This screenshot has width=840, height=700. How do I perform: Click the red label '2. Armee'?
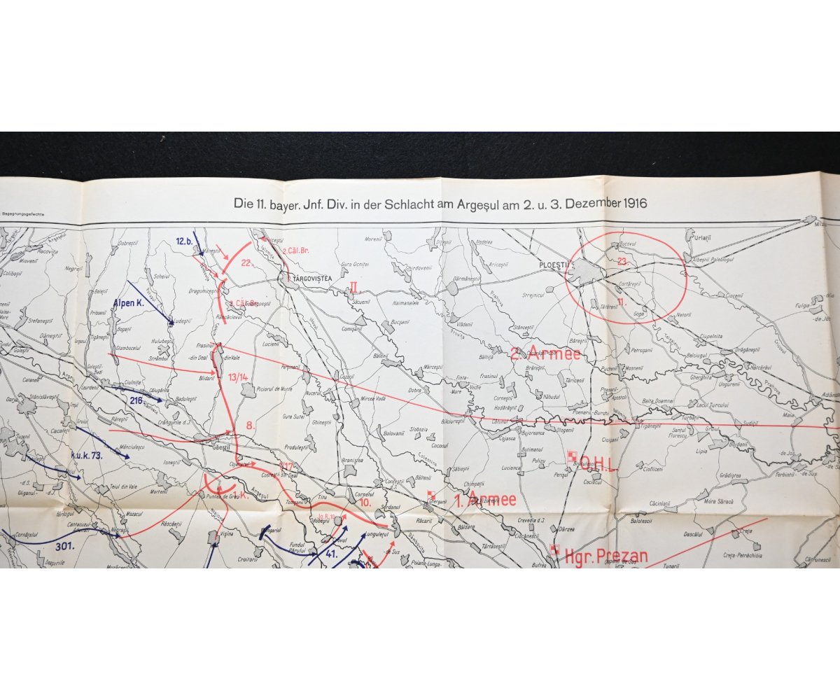point(545,353)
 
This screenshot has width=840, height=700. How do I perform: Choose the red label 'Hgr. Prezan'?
point(604,557)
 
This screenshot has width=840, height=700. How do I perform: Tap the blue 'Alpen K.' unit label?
point(128,304)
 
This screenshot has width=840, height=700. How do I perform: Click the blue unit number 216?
point(136,400)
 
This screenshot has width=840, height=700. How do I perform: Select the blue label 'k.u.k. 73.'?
point(87,456)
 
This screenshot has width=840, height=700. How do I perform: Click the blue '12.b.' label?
point(184,241)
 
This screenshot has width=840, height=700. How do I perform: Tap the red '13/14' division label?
point(239,377)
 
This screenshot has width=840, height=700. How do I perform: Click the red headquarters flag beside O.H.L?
point(571,456)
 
